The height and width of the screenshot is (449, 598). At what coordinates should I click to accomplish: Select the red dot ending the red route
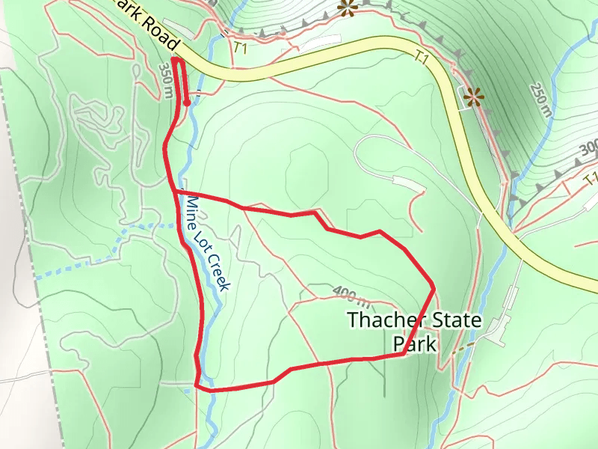pos(187,103)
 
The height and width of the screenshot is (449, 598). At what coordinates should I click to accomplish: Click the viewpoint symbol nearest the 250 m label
pos(472,96)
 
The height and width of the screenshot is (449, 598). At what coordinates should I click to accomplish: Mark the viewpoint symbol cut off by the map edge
pos(346,8)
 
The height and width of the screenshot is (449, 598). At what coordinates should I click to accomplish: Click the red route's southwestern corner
pos(197,386)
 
